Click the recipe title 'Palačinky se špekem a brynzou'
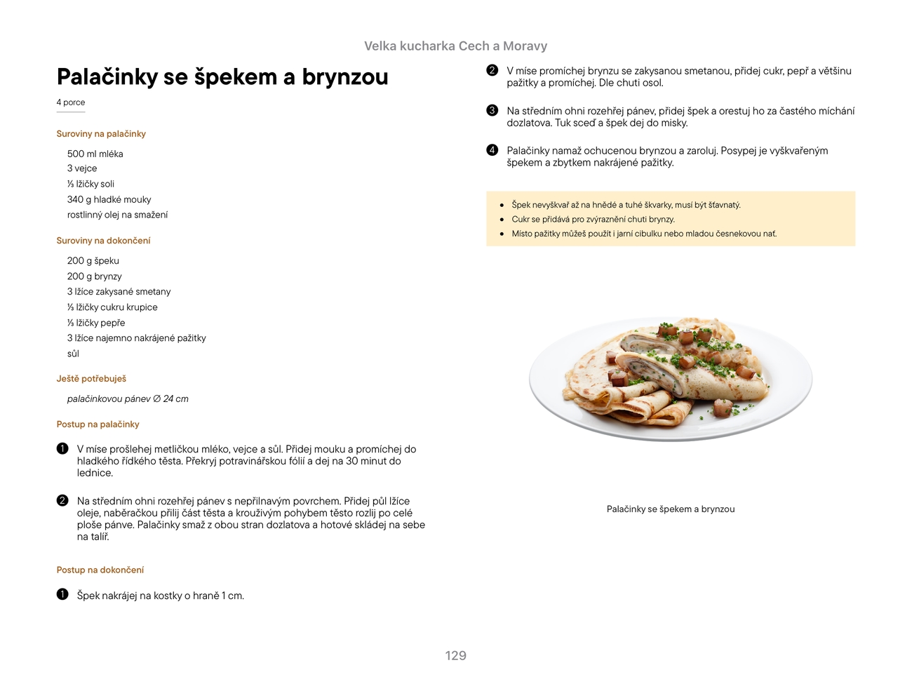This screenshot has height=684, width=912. (x=222, y=77)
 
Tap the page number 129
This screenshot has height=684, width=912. (x=455, y=656)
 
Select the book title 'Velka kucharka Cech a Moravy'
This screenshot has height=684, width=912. (x=455, y=46)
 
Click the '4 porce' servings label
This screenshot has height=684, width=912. (x=71, y=102)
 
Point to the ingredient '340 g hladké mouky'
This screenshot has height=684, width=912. (x=109, y=200)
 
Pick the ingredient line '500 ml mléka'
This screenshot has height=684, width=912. (x=95, y=154)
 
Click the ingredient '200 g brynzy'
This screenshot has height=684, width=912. (x=94, y=276)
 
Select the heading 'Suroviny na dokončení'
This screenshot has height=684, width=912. (x=103, y=241)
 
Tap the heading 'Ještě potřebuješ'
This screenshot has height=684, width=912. (x=91, y=379)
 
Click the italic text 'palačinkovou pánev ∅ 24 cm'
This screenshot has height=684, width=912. (x=128, y=399)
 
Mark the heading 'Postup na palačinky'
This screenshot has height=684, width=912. (x=98, y=424)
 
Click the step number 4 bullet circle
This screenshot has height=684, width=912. (x=492, y=150)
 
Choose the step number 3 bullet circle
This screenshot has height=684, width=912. (x=492, y=111)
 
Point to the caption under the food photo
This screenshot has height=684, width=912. (x=670, y=509)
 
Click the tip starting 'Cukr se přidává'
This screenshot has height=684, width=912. (x=593, y=220)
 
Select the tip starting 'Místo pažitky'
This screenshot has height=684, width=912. (x=643, y=234)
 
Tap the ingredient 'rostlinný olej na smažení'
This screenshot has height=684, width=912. (x=117, y=215)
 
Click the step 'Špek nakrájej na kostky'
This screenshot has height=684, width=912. (x=160, y=596)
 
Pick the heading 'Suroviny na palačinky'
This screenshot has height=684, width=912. (x=101, y=134)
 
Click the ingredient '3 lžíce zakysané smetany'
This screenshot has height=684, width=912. (x=119, y=292)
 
